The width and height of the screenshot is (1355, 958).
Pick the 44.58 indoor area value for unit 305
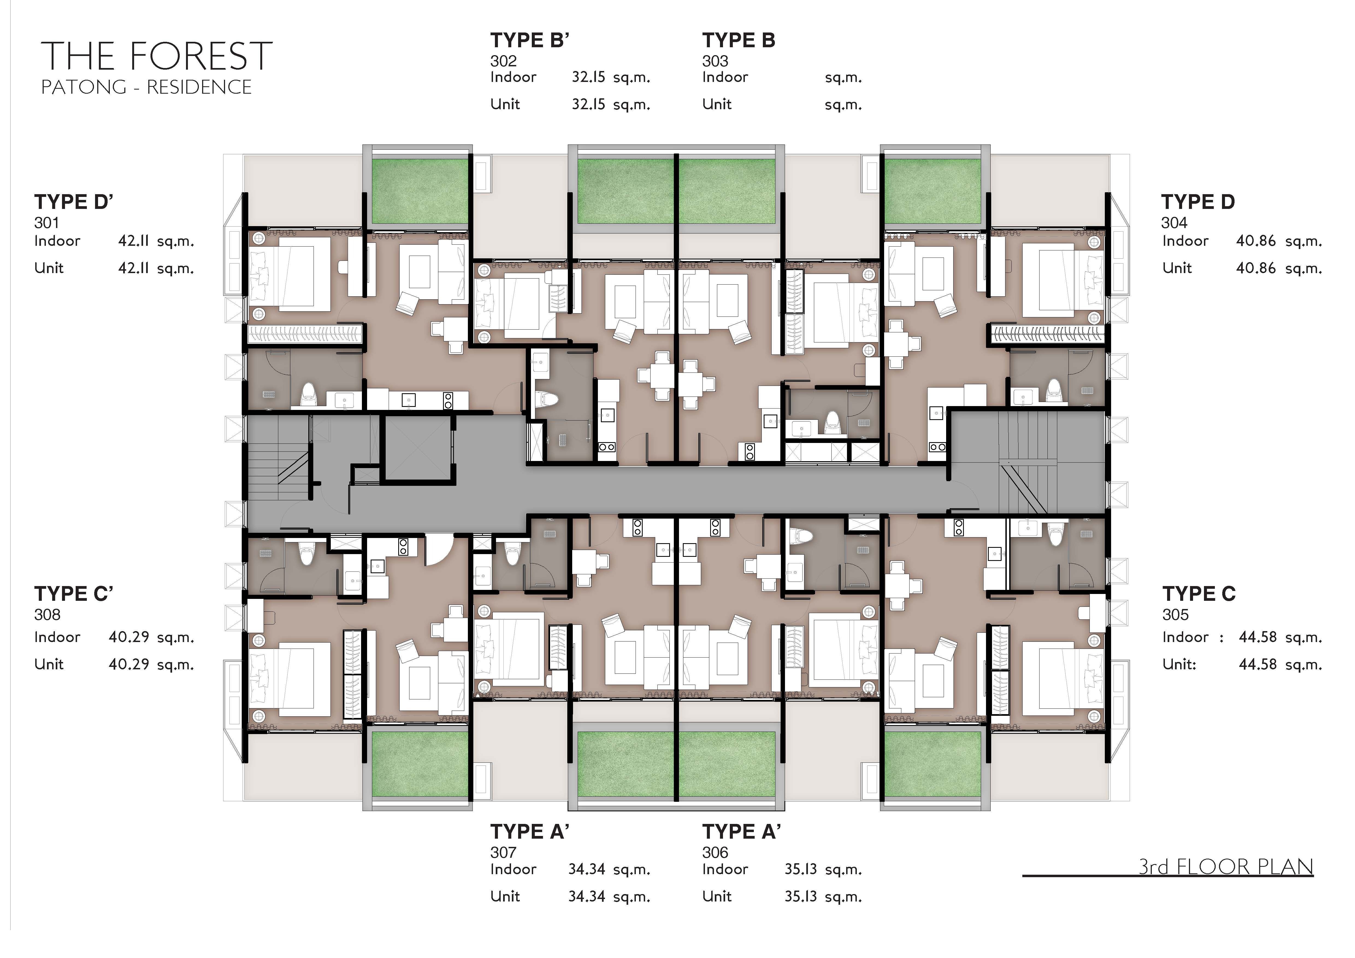1257,637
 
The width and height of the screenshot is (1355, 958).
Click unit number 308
47,615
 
